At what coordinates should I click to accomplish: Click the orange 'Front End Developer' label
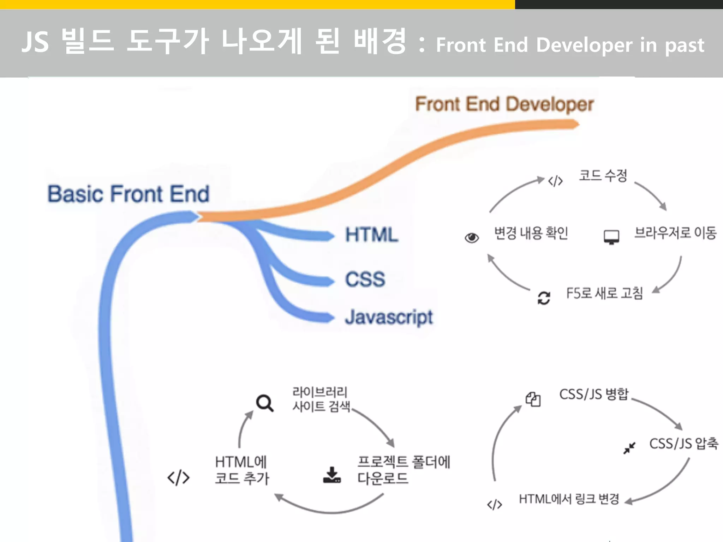[x=504, y=104]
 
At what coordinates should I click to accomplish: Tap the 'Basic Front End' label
[x=129, y=194]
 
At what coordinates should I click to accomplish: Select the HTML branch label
[x=372, y=235]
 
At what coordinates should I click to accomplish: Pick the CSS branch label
[x=365, y=279]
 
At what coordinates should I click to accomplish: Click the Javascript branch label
[x=389, y=317]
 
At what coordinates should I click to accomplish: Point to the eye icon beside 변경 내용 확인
[x=472, y=238]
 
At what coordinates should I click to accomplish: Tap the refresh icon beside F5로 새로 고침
[x=544, y=298]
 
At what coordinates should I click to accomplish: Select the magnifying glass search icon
[x=264, y=403]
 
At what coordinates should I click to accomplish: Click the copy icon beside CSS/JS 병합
[x=533, y=399]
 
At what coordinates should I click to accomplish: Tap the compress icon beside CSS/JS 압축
[x=629, y=448]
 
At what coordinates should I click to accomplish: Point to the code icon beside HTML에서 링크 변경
[x=494, y=505]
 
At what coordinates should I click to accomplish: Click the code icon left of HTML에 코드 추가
[x=178, y=478]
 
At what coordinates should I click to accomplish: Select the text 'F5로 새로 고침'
[x=604, y=293]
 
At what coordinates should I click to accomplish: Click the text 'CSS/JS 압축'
[x=683, y=444]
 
